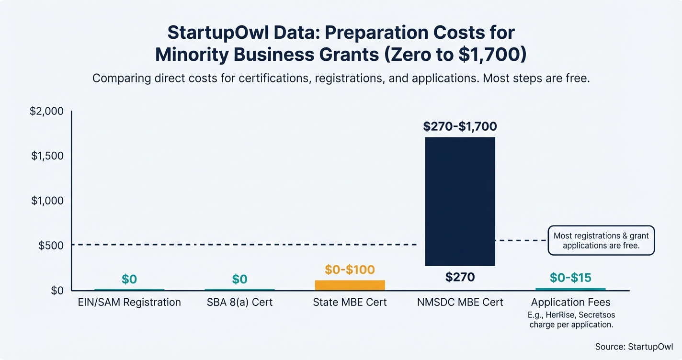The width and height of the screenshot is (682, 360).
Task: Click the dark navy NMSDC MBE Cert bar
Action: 460,201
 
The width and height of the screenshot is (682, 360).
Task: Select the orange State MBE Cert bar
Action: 350,285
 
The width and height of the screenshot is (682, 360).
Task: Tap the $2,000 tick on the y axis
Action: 46,112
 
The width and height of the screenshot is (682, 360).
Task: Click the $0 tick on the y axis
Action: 56,290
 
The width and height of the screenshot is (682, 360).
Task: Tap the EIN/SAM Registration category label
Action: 129,303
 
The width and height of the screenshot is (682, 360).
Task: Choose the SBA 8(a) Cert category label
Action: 239,303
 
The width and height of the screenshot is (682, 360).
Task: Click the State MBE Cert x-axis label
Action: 350,303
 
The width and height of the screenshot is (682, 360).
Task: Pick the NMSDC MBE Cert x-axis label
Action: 460,303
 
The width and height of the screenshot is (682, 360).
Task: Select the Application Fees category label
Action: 570,303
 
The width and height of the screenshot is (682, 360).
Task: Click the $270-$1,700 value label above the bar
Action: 460,127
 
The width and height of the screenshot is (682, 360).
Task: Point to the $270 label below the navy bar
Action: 460,277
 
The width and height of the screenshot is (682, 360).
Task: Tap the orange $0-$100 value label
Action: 350,270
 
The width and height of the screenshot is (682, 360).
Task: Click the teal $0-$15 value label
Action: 570,278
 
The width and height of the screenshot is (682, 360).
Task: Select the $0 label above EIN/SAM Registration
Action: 129,280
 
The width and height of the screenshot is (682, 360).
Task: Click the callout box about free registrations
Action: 601,241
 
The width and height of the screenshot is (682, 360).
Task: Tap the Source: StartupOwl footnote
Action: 634,346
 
